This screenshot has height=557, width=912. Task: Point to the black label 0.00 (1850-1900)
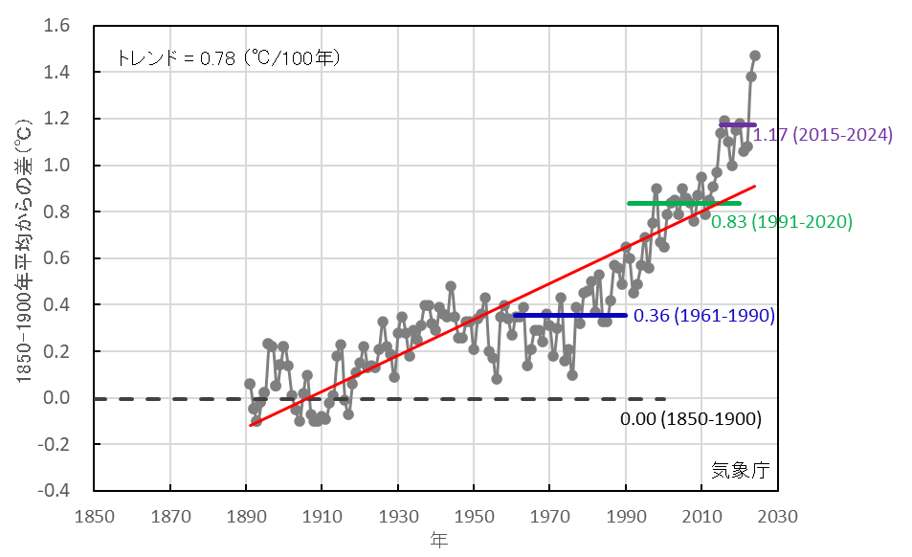(x=690, y=419)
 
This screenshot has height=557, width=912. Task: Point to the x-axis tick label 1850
(x=94, y=515)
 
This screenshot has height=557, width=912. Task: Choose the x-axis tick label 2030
(x=777, y=515)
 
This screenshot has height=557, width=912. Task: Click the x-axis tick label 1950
(x=474, y=515)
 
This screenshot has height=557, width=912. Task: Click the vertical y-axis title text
(x=25, y=258)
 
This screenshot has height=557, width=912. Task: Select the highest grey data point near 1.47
(x=755, y=56)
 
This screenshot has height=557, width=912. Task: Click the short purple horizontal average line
(x=738, y=125)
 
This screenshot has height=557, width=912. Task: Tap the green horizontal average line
(x=684, y=203)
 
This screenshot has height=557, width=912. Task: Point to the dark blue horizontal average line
(x=570, y=315)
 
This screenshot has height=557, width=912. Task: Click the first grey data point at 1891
(x=250, y=384)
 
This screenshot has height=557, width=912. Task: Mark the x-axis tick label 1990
(x=626, y=515)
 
